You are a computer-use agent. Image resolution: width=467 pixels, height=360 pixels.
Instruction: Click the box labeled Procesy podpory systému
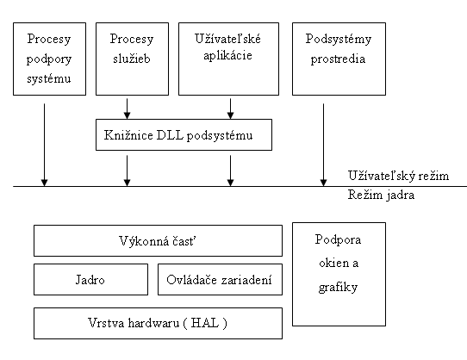pos(49,59)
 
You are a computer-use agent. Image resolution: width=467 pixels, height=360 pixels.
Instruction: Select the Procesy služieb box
pos(132,59)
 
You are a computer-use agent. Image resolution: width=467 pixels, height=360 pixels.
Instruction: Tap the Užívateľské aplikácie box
pos(228,59)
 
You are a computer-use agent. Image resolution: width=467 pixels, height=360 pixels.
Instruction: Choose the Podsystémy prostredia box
pos(339,59)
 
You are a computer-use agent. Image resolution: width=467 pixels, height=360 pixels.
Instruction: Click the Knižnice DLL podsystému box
pos(184,135)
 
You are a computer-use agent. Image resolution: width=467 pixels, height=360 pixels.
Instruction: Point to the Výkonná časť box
pos(159,240)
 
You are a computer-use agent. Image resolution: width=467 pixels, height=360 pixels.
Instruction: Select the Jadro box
pos(90,280)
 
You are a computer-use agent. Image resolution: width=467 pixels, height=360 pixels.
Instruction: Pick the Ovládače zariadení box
pos(220,280)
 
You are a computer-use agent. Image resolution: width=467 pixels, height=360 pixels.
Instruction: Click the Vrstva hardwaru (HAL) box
pos(159,323)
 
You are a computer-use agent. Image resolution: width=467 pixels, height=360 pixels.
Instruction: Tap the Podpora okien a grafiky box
pos(339,274)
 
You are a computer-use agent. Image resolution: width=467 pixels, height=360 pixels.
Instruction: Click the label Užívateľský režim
pos(398,176)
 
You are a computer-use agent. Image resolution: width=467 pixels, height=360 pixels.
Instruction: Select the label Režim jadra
pos(381,195)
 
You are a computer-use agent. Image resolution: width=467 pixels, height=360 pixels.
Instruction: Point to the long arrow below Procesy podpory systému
pos(45,145)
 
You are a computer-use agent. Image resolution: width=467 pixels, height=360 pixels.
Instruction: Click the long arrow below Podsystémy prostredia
pos(323,145)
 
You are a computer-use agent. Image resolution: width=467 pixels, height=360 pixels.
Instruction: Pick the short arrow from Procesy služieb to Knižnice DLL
pos(128,109)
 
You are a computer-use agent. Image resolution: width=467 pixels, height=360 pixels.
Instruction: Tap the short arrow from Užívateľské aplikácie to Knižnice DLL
pos(231,109)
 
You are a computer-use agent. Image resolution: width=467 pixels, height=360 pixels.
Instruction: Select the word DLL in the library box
pos(170,135)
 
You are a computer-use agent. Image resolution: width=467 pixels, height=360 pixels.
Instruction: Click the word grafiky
pos(338,288)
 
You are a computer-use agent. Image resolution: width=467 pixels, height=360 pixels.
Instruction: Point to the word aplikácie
pos(227,56)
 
